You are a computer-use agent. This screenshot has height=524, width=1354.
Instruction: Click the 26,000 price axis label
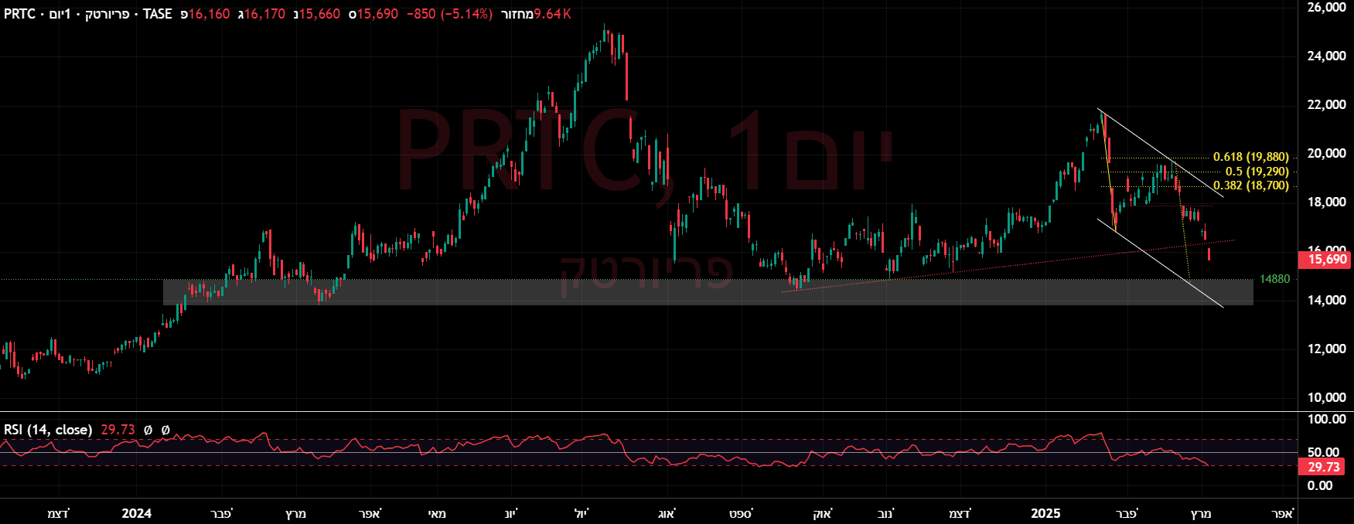pyautogui.click(x=1326, y=8)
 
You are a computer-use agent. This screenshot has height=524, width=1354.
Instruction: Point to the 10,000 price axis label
pyautogui.click(x=1326, y=397)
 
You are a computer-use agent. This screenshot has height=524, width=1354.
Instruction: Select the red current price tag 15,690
pyautogui.click(x=1327, y=260)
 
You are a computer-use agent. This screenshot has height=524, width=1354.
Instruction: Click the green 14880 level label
pyautogui.click(x=1274, y=279)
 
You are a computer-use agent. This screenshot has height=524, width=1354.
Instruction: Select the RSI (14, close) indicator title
pyautogui.click(x=48, y=430)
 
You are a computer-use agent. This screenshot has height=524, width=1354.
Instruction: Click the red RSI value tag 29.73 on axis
pyautogui.click(x=1323, y=467)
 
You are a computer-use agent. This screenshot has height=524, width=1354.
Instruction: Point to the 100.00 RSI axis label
pyautogui.click(x=1325, y=419)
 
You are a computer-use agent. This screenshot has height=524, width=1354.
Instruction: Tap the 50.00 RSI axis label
pyautogui.click(x=1323, y=452)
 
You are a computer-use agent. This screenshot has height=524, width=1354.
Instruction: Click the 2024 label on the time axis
pyautogui.click(x=137, y=513)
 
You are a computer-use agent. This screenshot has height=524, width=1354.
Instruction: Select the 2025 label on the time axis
pyautogui.click(x=1045, y=513)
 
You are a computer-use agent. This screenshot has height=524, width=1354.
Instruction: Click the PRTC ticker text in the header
pyautogui.click(x=19, y=14)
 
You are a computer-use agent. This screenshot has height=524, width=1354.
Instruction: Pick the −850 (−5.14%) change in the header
pyautogui.click(x=449, y=14)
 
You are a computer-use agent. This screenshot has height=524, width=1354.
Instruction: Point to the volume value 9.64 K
pyautogui.click(x=552, y=14)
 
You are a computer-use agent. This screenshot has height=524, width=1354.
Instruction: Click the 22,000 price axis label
pyautogui.click(x=1326, y=105)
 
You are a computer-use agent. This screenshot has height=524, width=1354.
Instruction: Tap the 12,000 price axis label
pyautogui.click(x=1326, y=349)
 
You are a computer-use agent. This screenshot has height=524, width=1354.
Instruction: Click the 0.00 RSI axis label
pyautogui.click(x=1319, y=485)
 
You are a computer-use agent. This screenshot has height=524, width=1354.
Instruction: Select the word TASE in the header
pyautogui.click(x=157, y=14)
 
